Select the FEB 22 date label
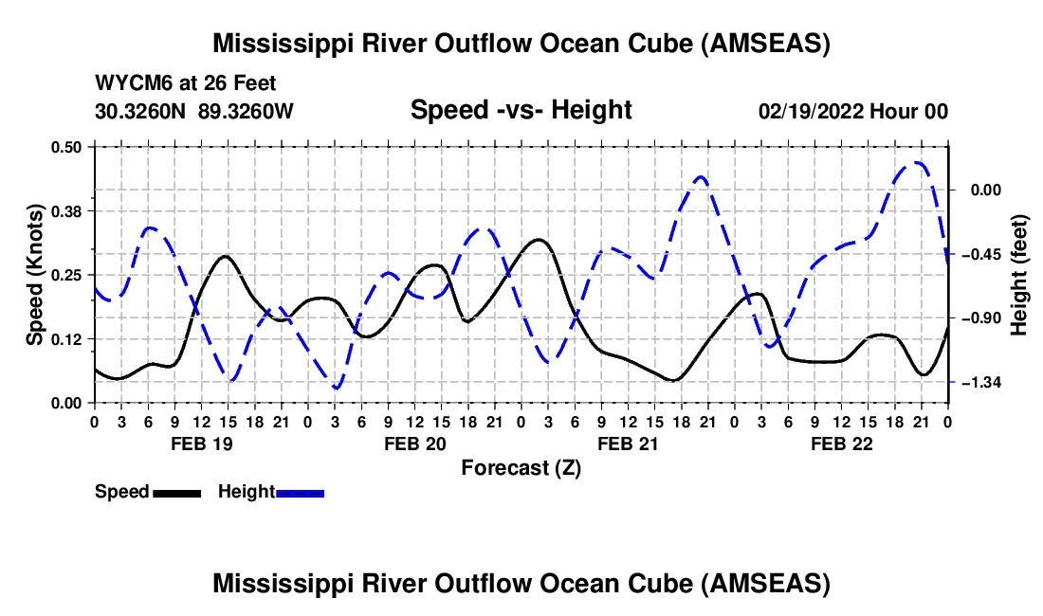pyautogui.click(x=841, y=444)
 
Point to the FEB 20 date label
pyautogui.click(x=414, y=444)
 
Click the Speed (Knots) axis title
pyautogui.click(x=35, y=275)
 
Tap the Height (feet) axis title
pyautogui.click(x=1020, y=275)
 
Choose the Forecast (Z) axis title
pyautogui.click(x=521, y=468)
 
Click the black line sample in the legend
pyautogui.click(x=176, y=493)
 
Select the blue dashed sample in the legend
pyautogui.click(x=300, y=493)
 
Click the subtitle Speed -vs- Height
pyautogui.click(x=521, y=111)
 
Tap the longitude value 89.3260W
pyautogui.click(x=247, y=112)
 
